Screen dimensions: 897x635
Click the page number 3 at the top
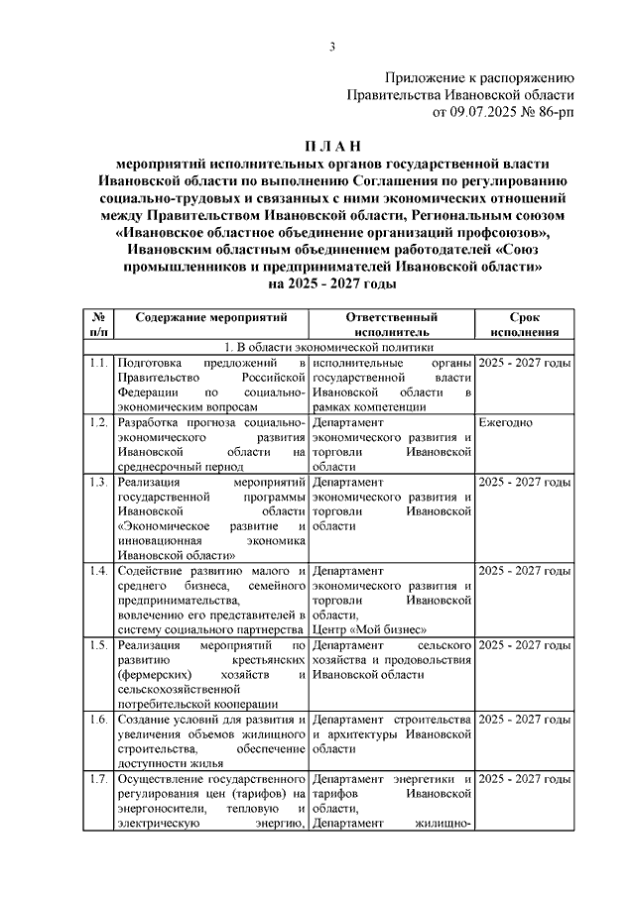tap(333, 47)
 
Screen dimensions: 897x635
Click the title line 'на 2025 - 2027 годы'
tap(332, 283)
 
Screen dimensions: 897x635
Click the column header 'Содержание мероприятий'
tap(211, 317)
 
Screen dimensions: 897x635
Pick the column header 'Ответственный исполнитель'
tap(392, 325)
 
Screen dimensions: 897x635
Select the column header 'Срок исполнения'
tap(524, 325)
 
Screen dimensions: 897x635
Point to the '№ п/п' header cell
tap(98, 325)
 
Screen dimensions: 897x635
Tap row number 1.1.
tap(97, 364)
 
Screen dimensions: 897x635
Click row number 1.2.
tap(97, 422)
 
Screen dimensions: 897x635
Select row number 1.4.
tap(97, 571)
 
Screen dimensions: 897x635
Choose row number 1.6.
tap(97, 719)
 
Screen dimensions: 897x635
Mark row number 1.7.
tap(97, 778)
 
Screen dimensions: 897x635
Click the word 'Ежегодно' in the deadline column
tap(506, 422)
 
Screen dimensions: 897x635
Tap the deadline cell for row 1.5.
tap(524, 645)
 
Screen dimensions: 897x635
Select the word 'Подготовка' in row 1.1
tap(150, 364)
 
